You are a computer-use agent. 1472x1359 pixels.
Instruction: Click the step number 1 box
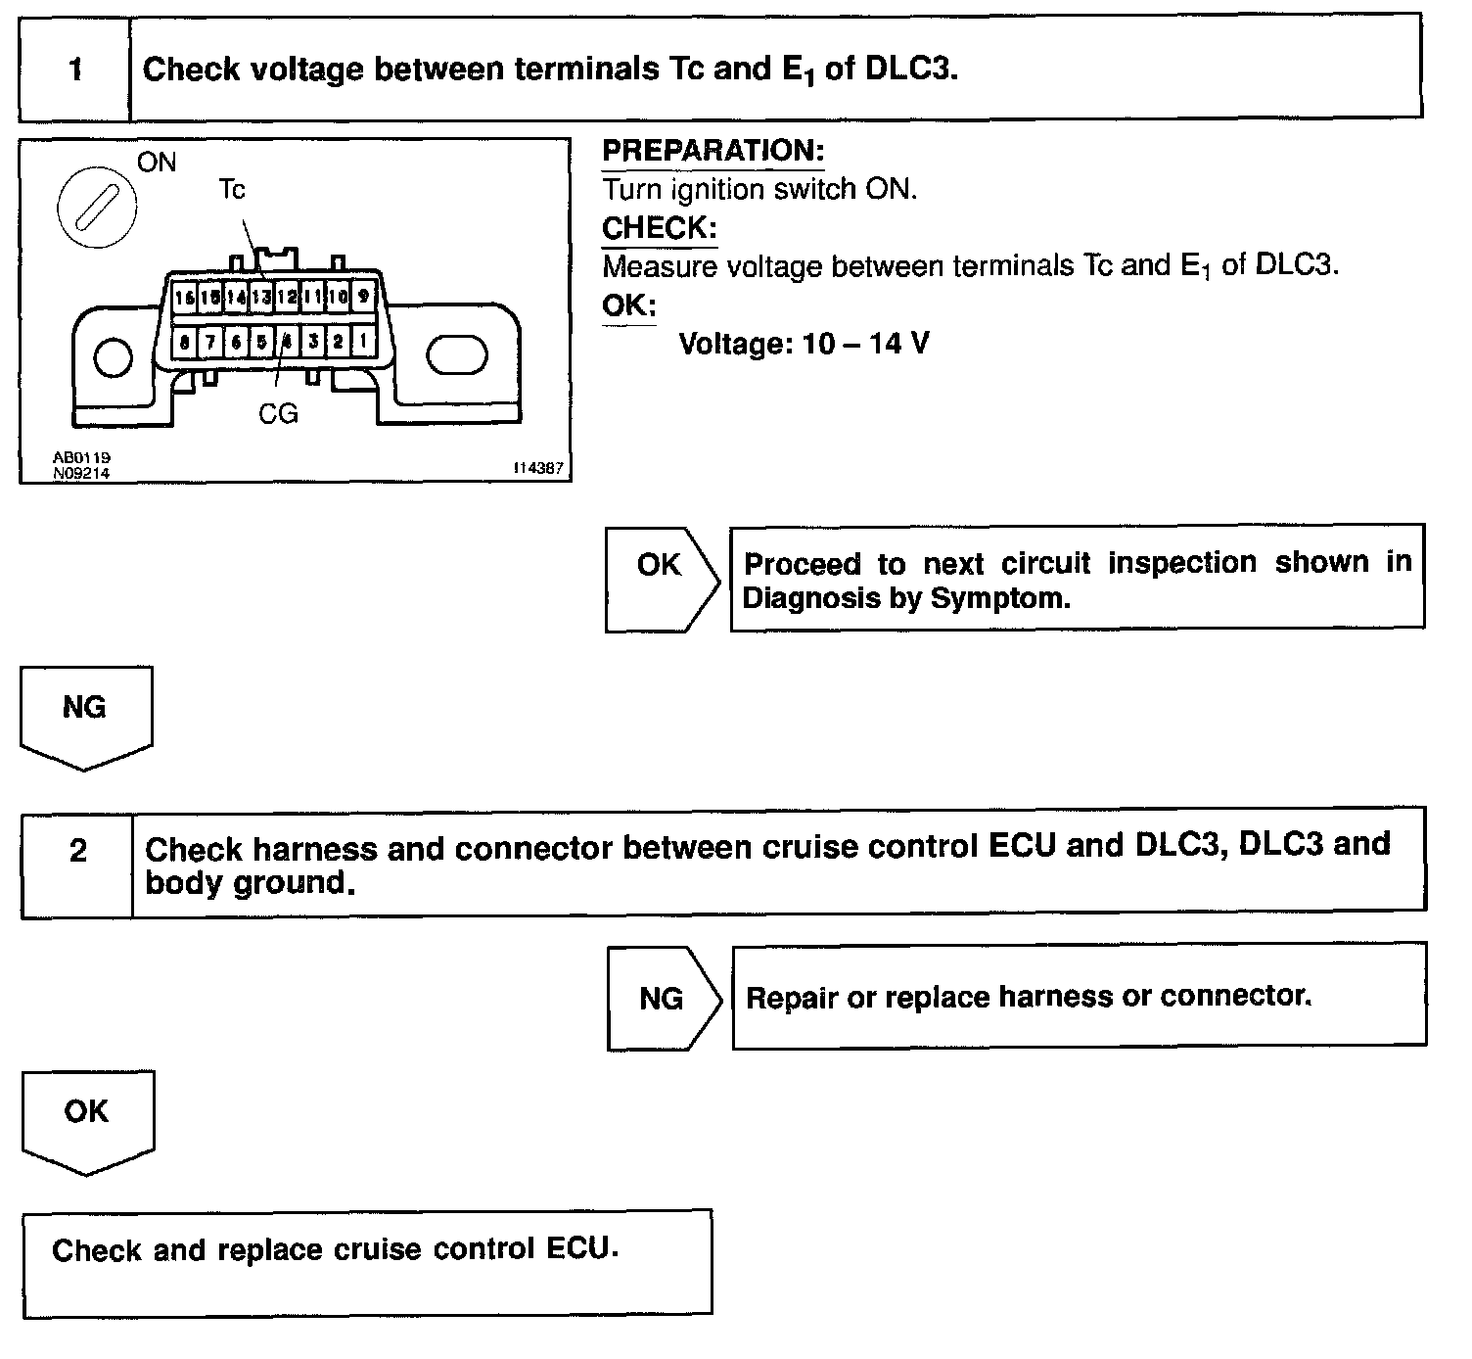tap(74, 70)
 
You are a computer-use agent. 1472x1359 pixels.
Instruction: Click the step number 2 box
tap(77, 851)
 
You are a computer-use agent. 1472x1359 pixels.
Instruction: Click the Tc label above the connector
tap(232, 189)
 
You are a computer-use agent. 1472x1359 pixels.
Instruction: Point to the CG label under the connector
tap(278, 414)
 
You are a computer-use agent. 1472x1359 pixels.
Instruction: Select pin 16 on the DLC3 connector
tap(184, 295)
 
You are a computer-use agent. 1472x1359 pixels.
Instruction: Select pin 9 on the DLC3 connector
tap(364, 295)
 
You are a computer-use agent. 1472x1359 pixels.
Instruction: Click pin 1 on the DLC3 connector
tap(364, 341)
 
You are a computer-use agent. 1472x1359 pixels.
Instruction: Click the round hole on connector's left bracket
tap(114, 357)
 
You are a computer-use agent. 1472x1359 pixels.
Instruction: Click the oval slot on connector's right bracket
tap(457, 355)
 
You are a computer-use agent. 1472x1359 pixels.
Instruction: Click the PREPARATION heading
tap(713, 151)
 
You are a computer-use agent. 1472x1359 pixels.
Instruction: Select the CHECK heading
tap(659, 228)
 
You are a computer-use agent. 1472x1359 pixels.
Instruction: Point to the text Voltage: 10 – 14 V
tap(804, 344)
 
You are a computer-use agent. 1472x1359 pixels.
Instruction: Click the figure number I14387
tap(538, 469)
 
